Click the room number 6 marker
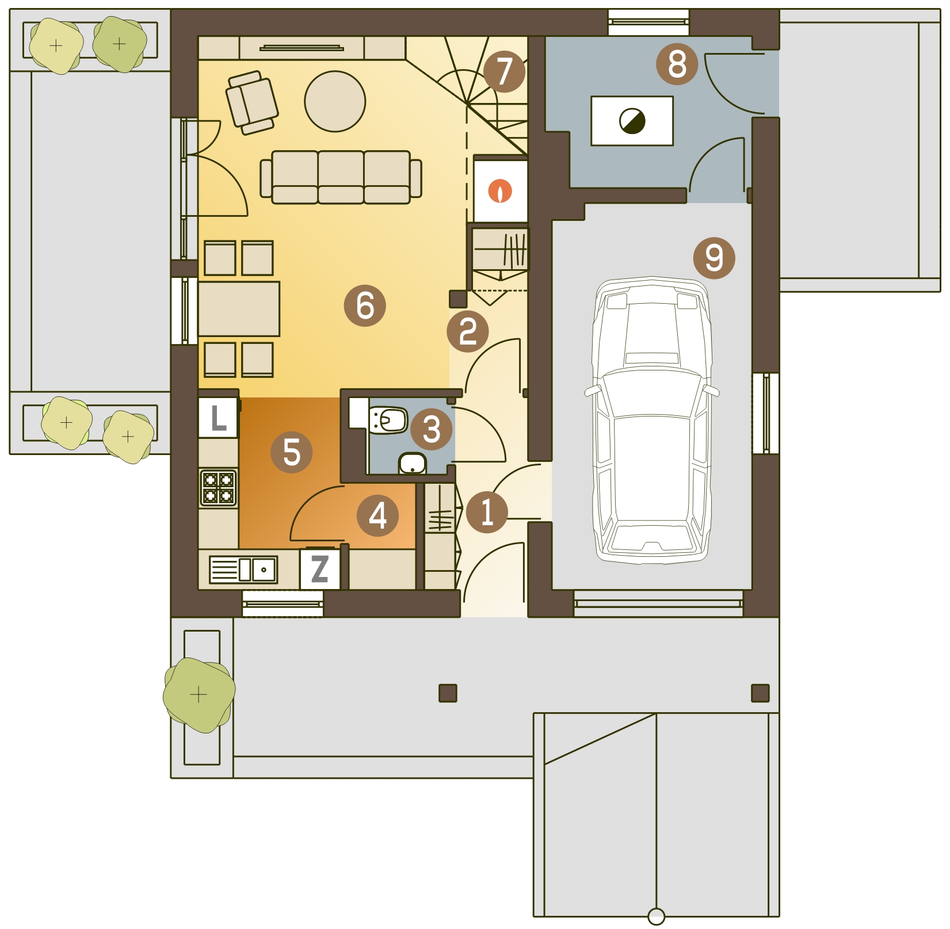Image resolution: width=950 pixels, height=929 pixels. pos(365,305)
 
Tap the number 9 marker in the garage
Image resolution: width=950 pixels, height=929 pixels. pos(714,258)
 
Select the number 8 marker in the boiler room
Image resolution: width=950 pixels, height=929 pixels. pos(677,64)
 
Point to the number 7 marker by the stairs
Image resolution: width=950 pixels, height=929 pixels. pos(504,71)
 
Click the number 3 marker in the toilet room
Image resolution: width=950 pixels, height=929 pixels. pos(432,429)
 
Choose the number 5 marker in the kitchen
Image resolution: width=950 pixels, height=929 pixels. pos(292,452)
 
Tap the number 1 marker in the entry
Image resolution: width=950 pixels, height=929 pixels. pos(487,512)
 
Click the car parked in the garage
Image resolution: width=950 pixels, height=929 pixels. pos(651,420)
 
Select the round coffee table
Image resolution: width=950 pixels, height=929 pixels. pos(335,101)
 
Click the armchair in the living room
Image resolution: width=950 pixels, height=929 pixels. pos(252,102)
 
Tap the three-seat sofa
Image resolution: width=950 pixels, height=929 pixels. pos(341,177)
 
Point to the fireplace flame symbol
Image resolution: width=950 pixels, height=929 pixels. pos(500,191)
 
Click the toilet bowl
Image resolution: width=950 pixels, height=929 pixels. pos(389,420)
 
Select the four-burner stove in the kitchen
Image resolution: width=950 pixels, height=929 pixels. pos(219,487)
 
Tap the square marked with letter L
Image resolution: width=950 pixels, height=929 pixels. pos(218,418)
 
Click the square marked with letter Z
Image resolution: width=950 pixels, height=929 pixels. pos(319,568)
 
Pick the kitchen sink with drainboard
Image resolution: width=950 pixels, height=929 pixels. pos(243,569)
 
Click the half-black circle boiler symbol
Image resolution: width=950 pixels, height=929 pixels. pos(632,121)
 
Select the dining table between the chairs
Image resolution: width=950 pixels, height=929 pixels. pos(239,309)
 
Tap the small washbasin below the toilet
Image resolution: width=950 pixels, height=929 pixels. pos(412,464)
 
